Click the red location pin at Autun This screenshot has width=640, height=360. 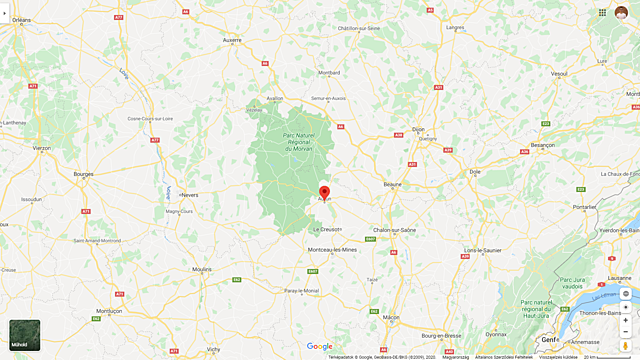(324, 192)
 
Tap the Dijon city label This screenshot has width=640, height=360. (418, 129)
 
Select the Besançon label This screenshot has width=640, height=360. (542, 145)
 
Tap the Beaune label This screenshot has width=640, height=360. (392, 185)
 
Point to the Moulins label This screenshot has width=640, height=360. (201, 270)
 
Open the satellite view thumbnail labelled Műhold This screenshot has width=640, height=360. (25, 335)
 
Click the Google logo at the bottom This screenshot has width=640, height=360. (319, 347)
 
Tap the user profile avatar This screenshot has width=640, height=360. (621, 12)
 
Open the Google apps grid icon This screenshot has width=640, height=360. (602, 12)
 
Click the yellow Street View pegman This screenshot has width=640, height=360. (625, 346)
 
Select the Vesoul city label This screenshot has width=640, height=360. (559, 73)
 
